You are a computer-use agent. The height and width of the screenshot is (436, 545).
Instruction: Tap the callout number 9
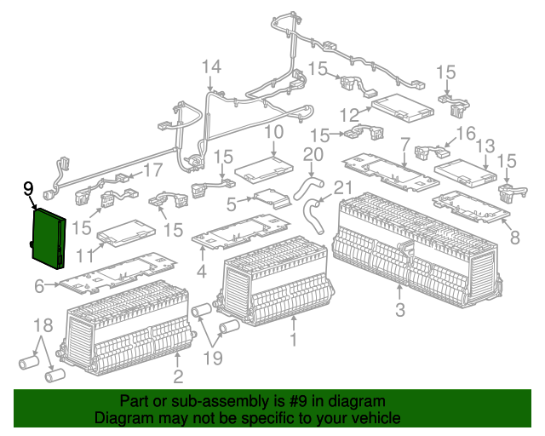(28, 188)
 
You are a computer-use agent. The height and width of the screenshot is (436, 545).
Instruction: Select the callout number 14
(210, 67)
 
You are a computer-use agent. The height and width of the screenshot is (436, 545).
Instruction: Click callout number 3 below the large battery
(399, 306)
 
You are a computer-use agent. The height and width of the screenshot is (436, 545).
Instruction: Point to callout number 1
(293, 341)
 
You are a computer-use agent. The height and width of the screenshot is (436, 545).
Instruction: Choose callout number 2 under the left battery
(178, 376)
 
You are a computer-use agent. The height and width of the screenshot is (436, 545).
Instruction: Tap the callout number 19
(212, 358)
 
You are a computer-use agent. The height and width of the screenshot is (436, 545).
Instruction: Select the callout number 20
(313, 153)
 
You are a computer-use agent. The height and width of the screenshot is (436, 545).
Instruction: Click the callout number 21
(341, 187)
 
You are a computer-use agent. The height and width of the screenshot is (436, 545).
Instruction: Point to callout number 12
(350, 114)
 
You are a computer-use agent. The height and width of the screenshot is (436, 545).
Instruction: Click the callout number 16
(465, 133)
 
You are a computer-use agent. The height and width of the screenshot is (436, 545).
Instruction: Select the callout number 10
(272, 132)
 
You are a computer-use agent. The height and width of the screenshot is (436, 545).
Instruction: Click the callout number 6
(39, 288)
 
